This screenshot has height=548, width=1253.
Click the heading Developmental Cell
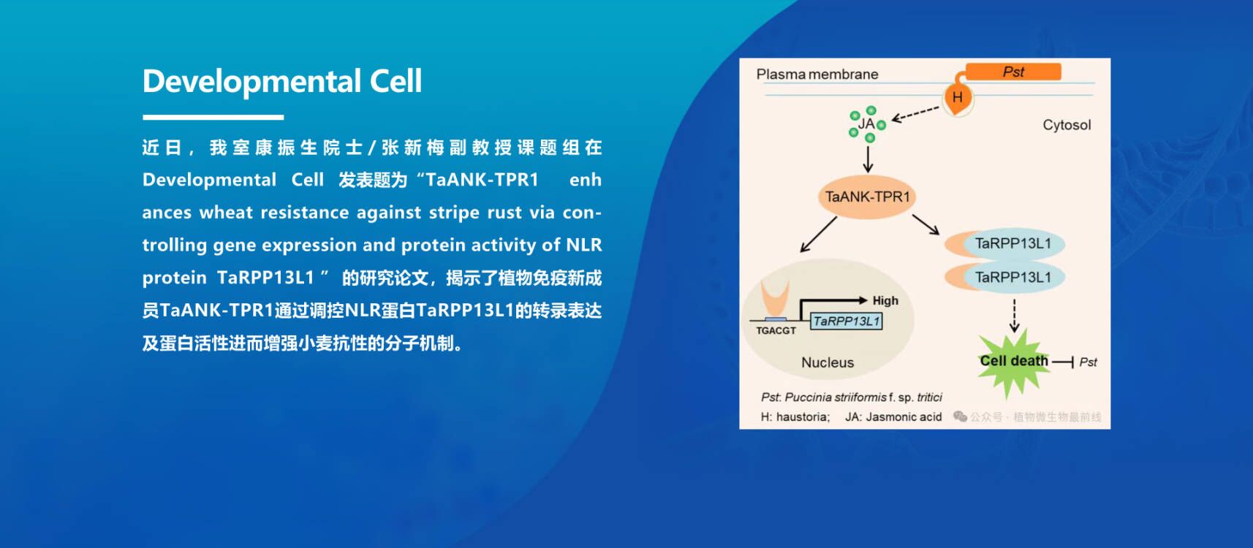tap(282, 82)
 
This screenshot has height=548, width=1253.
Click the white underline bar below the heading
tap(213, 118)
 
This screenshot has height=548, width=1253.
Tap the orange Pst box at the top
tap(1013, 72)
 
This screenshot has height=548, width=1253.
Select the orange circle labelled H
tap(958, 98)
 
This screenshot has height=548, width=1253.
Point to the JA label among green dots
tap(866, 123)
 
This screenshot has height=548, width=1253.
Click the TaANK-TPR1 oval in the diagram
tap(867, 197)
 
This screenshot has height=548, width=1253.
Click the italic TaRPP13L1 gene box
tap(847, 321)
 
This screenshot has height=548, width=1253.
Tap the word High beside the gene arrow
tap(885, 301)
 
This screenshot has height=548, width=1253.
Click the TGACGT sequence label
tap(776, 330)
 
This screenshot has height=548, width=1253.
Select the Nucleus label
tap(828, 362)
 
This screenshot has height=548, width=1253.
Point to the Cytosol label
tap(1067, 125)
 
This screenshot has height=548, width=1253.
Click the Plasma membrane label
tap(817, 75)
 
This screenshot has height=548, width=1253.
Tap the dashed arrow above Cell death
tap(1014, 316)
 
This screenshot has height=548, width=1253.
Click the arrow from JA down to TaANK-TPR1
tap(868, 159)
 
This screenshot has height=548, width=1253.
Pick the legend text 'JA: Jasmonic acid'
tap(893, 417)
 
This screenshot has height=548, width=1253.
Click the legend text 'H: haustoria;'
tap(795, 417)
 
